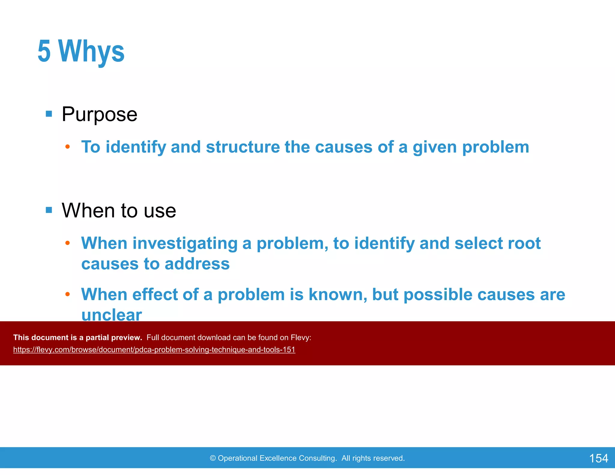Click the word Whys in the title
pos(92,52)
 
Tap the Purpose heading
pos(99,114)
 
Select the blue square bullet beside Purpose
pos(49,114)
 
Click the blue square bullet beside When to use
pos(49,210)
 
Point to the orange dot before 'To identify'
pos(68,147)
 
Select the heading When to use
pos(119,210)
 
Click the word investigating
pos(185,244)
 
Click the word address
pos(197,264)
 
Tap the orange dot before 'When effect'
pos(68,294)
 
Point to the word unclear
pos(111,315)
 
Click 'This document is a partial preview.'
pos(77,337)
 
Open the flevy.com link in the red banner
pos(154,350)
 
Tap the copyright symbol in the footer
pos(213,458)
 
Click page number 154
pos(598,458)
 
